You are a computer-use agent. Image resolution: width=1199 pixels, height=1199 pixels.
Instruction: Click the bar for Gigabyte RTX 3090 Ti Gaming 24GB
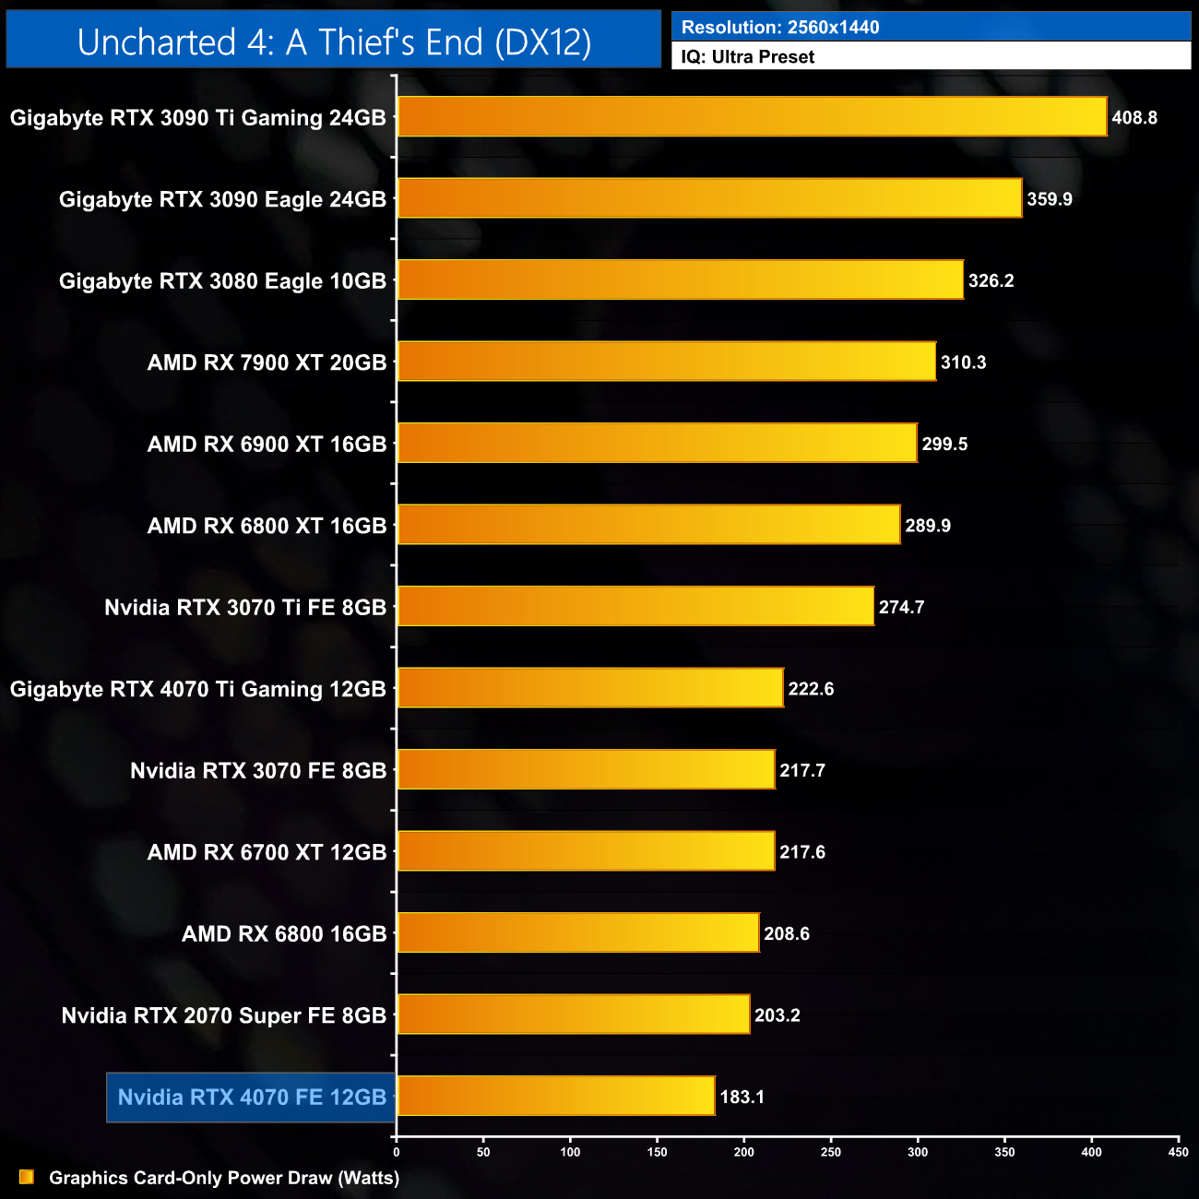pyautogui.click(x=752, y=117)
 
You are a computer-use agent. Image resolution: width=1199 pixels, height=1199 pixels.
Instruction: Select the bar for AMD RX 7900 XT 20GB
pyautogui.click(x=666, y=362)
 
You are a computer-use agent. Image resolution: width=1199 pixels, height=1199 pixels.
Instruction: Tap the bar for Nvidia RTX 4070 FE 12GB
pyautogui.click(x=556, y=1096)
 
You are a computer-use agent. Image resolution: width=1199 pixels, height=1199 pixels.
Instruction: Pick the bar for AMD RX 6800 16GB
pyautogui.click(x=578, y=932)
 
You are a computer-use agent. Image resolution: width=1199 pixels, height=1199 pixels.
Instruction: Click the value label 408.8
pyautogui.click(x=1134, y=118)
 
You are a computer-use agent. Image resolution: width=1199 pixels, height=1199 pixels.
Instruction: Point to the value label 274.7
pyautogui.click(x=901, y=607)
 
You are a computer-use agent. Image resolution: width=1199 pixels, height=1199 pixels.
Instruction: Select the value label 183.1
pyautogui.click(x=742, y=1097)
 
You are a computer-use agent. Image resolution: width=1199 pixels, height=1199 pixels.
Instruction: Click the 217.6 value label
pyautogui.click(x=802, y=852)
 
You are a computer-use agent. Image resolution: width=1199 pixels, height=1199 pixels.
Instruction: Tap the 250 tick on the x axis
pyautogui.click(x=831, y=1152)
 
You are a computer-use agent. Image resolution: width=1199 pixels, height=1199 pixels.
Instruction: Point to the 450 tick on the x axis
pyautogui.click(x=1178, y=1152)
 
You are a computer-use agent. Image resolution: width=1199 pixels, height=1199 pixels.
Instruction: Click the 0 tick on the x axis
pyautogui.click(x=397, y=1152)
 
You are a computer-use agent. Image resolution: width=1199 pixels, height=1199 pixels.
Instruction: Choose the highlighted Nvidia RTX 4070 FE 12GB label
pyautogui.click(x=252, y=1097)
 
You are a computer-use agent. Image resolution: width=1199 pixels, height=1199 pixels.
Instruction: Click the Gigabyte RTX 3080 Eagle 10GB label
pyautogui.click(x=222, y=281)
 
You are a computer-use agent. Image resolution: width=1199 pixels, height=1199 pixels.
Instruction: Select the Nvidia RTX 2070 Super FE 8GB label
pyautogui.click(x=224, y=1015)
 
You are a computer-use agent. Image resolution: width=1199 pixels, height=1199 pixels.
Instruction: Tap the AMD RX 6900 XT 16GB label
pyautogui.click(x=267, y=445)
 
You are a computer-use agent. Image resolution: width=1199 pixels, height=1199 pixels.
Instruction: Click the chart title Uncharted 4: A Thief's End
pyautogui.click(x=334, y=42)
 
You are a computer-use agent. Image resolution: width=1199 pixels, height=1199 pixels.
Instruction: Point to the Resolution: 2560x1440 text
pyautogui.click(x=780, y=28)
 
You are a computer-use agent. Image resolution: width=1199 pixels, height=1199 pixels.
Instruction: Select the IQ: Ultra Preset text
pyautogui.click(x=748, y=57)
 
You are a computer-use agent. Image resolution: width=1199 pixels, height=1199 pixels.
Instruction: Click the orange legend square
pyautogui.click(x=27, y=1177)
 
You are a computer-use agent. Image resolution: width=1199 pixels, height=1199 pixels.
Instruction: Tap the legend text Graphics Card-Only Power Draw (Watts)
pyautogui.click(x=224, y=1178)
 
